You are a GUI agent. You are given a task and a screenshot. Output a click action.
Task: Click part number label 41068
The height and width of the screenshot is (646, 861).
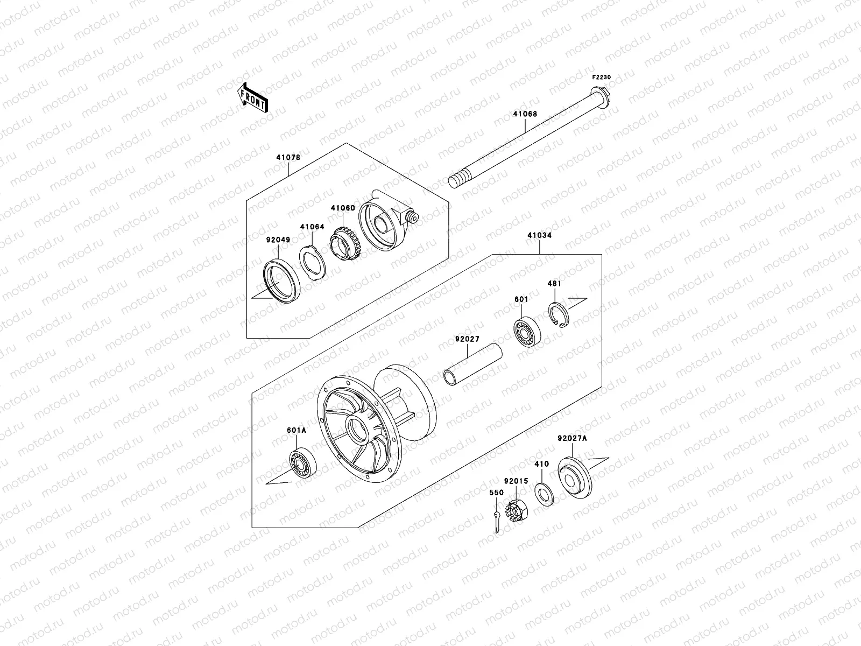(x=525, y=114)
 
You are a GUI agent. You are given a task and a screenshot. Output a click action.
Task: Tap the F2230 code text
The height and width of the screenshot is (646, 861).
(x=602, y=78)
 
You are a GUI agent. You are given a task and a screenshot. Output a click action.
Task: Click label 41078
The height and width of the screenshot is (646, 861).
(x=288, y=158)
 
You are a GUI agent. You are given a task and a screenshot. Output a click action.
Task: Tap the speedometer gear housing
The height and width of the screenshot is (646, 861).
(x=385, y=220)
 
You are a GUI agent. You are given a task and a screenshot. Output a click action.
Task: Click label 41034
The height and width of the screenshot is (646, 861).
(x=539, y=235)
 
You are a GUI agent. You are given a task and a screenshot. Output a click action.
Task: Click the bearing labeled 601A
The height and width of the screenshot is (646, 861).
(x=303, y=461)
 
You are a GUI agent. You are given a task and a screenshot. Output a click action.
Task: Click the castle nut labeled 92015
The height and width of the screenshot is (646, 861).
(x=517, y=507)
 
